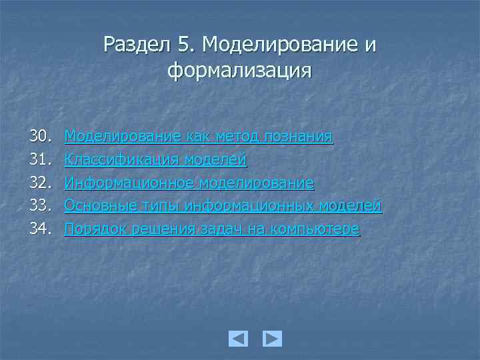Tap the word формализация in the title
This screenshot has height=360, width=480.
[239, 69]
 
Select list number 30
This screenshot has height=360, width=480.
[39, 137]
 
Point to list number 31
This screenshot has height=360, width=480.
[39, 160]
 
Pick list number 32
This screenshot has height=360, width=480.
[39, 183]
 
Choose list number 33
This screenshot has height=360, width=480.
[39, 206]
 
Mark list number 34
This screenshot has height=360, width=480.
[39, 229]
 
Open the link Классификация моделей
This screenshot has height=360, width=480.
[155, 160]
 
